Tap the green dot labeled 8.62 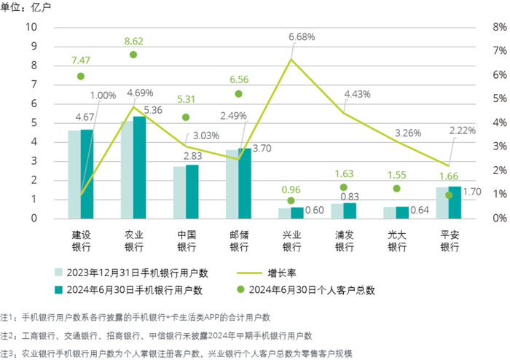(133, 55)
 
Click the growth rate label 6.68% (302, 36)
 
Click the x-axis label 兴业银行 (291, 238)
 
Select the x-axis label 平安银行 (450, 238)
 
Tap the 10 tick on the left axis (31, 27)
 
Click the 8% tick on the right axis (481, 27)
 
